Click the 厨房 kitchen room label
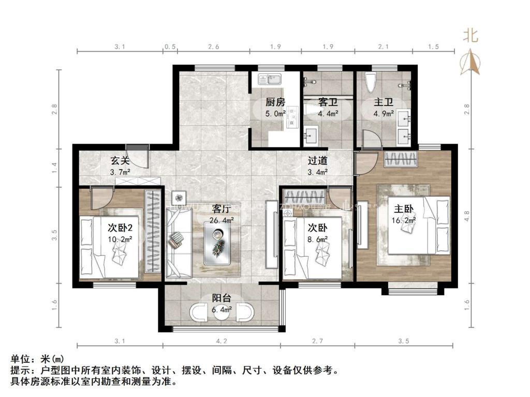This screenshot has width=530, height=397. [275, 102]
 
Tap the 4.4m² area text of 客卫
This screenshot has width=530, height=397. [328, 113]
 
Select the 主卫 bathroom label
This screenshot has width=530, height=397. [383, 102]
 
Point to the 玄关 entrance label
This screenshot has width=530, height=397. [120, 161]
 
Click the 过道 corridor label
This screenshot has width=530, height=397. [317, 161]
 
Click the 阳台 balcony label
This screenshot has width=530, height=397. [222, 298]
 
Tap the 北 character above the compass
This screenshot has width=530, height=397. [470, 36]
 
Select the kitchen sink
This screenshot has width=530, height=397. [270, 80]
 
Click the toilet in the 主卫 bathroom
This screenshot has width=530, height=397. [370, 82]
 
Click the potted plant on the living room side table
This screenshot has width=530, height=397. [179, 197]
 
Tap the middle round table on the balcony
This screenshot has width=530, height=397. [222, 314]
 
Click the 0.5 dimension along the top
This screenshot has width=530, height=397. [170, 47]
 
